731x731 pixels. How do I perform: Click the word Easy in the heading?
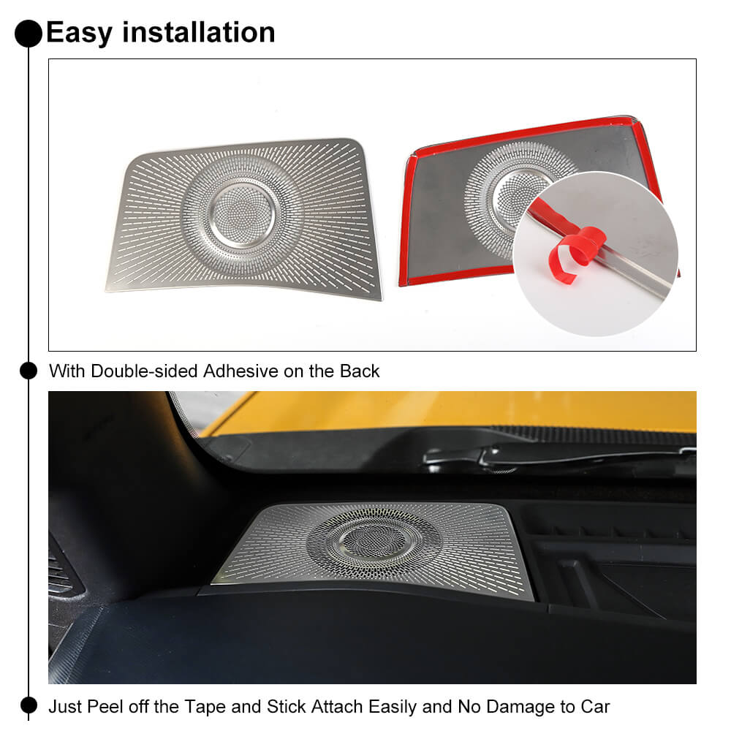pyautogui.click(x=79, y=34)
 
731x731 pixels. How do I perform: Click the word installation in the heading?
pyautogui.click(x=199, y=32)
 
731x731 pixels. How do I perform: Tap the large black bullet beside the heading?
pyautogui.click(x=29, y=34)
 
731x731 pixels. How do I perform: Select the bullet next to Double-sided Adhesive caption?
pyautogui.click(x=29, y=371)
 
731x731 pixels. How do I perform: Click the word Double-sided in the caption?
pyautogui.click(x=145, y=371)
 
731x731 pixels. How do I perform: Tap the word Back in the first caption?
pyautogui.click(x=360, y=371)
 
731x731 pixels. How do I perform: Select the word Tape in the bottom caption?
pyautogui.click(x=205, y=708)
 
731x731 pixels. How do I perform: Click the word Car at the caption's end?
pyautogui.click(x=595, y=707)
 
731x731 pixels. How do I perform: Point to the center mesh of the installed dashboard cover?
pyautogui.click(x=374, y=542)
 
